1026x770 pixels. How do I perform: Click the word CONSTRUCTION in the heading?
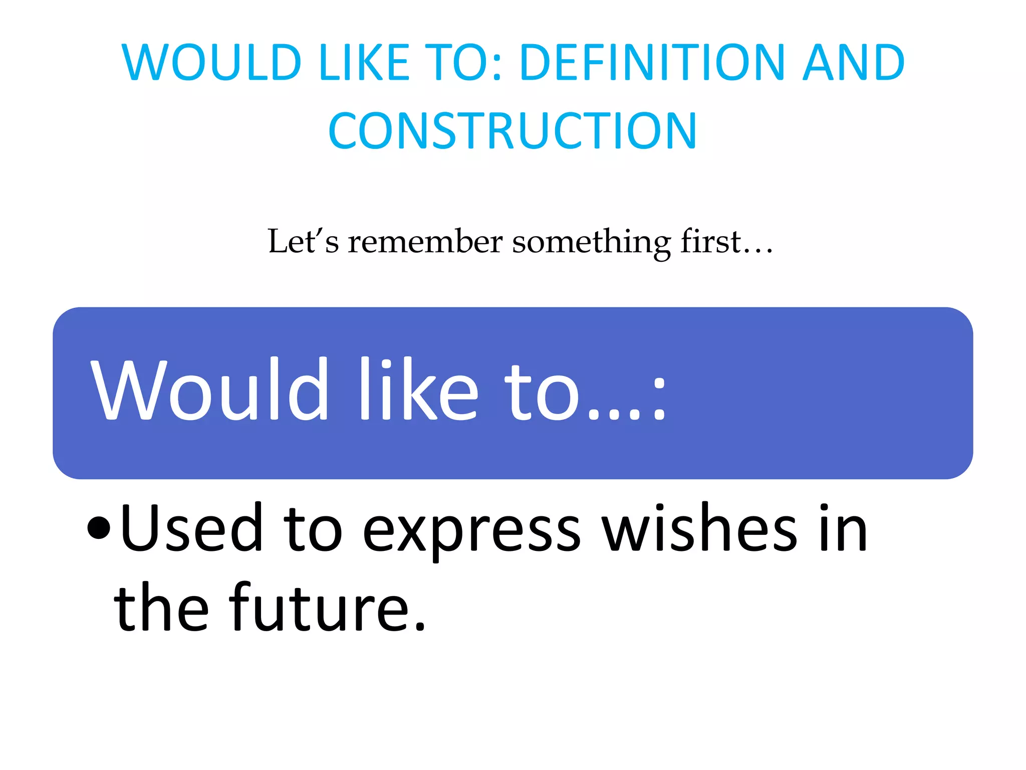(x=512, y=131)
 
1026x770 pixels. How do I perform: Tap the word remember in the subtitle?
(x=425, y=242)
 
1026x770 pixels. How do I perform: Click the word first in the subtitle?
(x=710, y=241)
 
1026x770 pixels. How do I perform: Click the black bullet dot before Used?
(x=98, y=528)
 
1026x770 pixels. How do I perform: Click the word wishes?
(x=700, y=528)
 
